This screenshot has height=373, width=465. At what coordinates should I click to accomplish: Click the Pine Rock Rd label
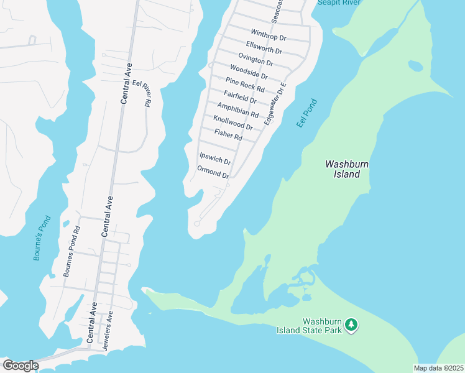(245, 85)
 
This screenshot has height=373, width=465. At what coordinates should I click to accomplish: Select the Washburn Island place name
(343, 169)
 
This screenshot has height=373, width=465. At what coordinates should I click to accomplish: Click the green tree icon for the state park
(351, 325)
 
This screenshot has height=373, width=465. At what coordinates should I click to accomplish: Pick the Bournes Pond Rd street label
(71, 251)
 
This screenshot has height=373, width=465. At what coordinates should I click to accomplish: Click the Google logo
(21, 366)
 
